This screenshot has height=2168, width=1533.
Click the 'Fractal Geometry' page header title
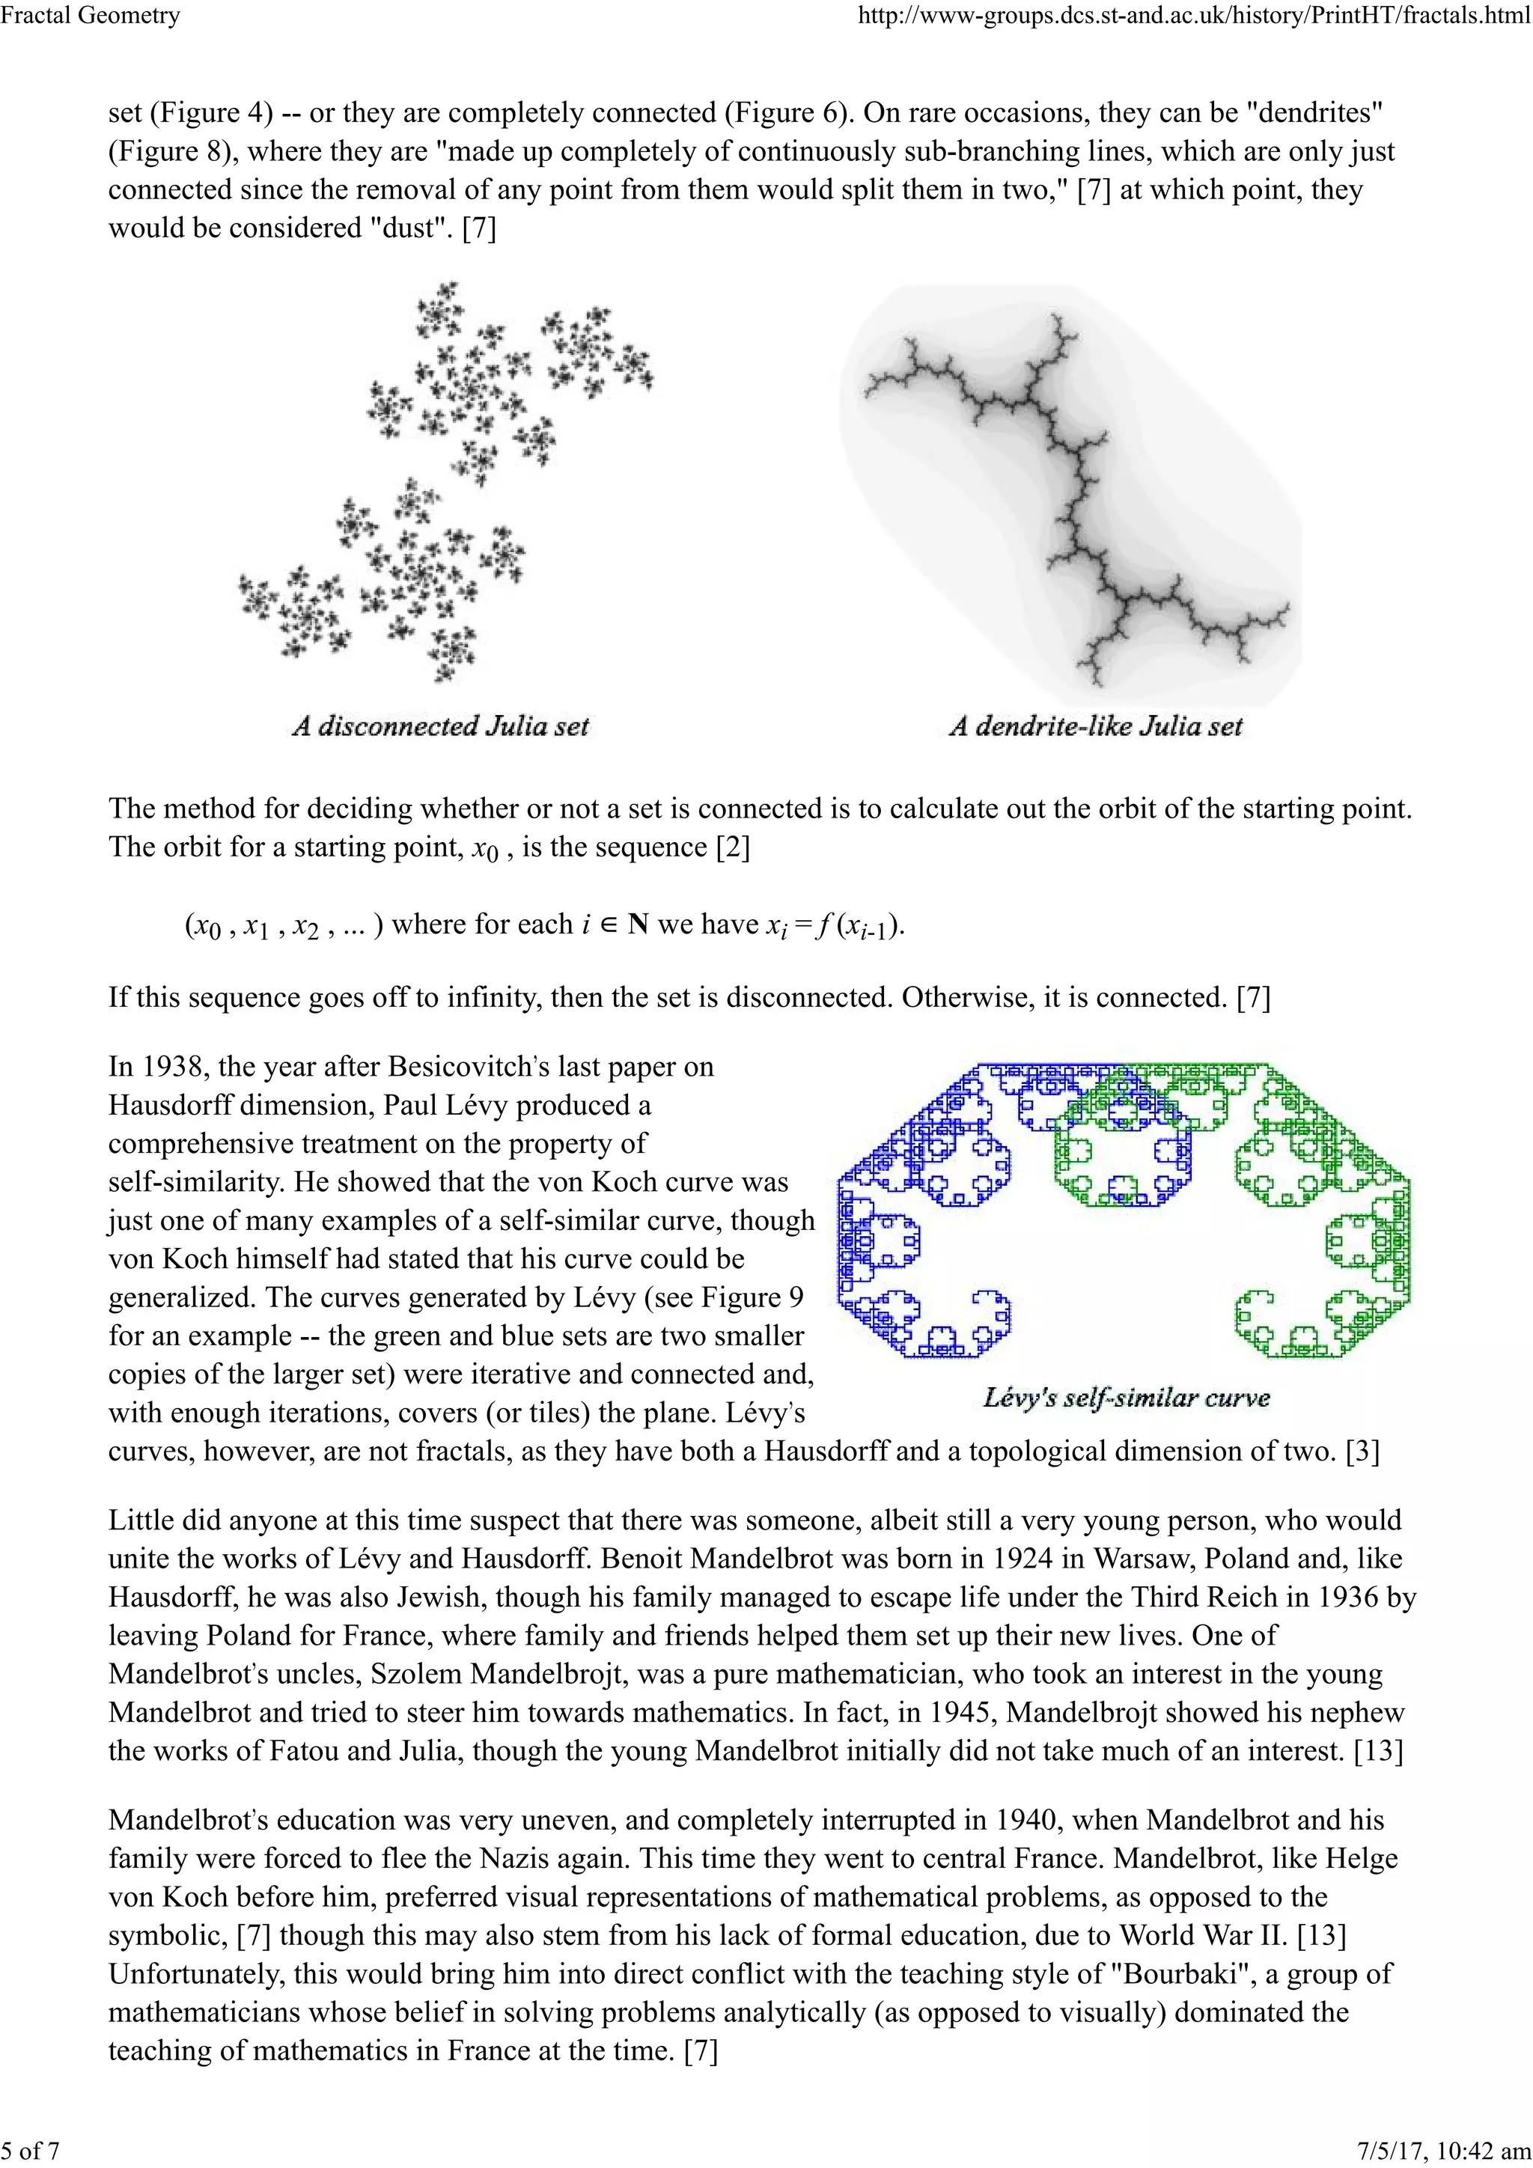(x=91, y=16)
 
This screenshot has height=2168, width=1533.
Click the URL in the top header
(x=1193, y=16)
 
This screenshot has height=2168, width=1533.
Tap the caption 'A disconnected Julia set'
(x=440, y=726)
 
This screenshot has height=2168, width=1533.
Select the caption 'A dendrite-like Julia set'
(x=1095, y=726)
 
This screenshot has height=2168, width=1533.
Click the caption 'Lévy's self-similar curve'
(x=1125, y=1398)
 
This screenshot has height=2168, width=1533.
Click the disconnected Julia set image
(x=444, y=481)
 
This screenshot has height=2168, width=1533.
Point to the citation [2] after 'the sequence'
(x=734, y=847)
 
